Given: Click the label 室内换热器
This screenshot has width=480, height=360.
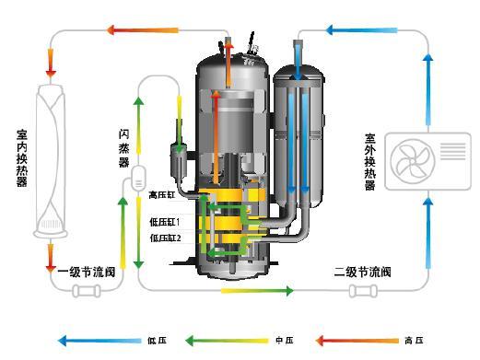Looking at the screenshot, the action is point(22,158).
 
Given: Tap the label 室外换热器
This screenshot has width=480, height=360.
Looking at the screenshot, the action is point(370,162).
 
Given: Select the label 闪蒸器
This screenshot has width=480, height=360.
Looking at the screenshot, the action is point(123,148).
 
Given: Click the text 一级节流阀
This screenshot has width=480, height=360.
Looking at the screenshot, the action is point(87,272).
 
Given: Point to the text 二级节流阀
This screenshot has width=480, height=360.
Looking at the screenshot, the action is point(362,272).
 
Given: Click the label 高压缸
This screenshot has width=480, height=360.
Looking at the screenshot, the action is point(161,195).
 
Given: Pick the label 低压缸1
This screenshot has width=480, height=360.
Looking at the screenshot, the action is point(165,222).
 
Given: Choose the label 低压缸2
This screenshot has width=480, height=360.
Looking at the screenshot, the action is point(165,238).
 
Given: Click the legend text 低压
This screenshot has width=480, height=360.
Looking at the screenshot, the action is point(157,341).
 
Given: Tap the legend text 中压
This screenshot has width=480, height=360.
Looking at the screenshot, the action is point(285,341).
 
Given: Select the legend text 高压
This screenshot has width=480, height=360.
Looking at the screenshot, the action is point(414,341).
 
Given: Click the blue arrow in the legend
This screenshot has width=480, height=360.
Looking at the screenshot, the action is point(100,341).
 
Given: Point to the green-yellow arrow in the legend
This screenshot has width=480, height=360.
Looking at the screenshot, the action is point(227,341).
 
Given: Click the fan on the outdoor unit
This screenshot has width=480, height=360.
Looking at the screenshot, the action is point(413,161).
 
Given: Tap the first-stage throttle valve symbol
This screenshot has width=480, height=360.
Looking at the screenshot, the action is point(87,291).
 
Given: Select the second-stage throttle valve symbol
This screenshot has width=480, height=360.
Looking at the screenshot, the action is point(364,291).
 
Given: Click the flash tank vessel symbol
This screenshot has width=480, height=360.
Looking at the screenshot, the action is point(138,177).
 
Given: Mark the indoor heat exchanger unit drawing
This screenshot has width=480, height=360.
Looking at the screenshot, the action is point(51,161).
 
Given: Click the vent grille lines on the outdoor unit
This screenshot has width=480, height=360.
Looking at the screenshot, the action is point(453,151).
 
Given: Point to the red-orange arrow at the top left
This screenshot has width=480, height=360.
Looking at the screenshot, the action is point(143,30).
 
